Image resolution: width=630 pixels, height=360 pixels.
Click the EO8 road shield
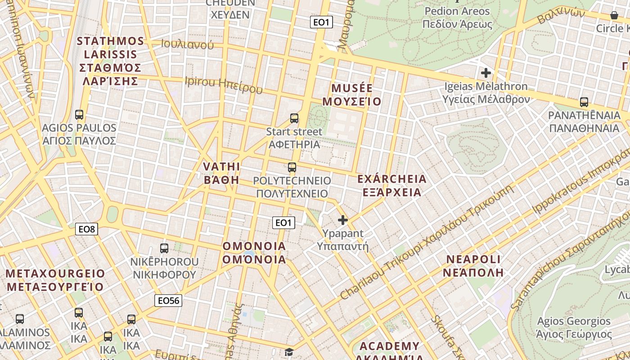87,229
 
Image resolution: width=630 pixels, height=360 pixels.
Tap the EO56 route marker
168,301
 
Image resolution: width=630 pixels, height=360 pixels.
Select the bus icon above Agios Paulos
79,115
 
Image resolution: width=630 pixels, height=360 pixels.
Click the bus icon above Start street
294,118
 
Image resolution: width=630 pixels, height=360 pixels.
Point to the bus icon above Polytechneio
292,168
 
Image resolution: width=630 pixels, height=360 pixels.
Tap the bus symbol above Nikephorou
164,248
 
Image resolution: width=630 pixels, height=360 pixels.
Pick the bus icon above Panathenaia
584,102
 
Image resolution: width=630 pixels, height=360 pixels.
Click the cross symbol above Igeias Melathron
486,72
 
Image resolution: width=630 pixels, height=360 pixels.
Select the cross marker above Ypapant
343,220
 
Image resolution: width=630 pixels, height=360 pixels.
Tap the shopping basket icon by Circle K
614,16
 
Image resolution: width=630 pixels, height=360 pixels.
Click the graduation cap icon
288,352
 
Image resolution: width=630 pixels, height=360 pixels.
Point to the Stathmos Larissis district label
111,61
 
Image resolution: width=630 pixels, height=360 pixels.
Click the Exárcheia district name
391,185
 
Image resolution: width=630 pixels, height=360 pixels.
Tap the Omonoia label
254,252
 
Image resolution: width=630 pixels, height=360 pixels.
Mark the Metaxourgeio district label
55,280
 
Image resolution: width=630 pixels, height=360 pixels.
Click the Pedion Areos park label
457,17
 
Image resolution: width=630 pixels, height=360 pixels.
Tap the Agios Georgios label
574,328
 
